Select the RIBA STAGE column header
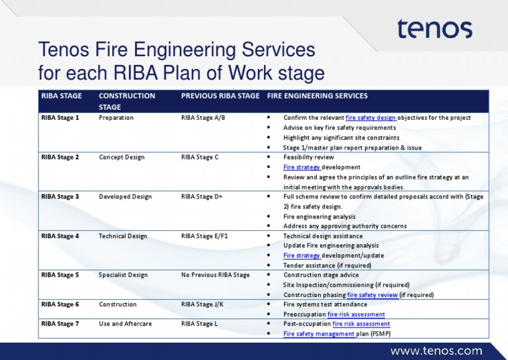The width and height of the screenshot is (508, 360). pos(62,96)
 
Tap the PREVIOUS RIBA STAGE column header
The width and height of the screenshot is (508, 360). pos(220,96)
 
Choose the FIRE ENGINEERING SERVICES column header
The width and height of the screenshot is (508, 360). pos(317,96)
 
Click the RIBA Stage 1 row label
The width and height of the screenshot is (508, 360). pos(60,118)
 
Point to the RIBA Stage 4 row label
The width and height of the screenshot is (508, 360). pos(60,236)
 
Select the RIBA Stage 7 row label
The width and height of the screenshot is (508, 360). pos(60,324)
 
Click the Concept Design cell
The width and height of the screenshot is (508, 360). pos(122,157)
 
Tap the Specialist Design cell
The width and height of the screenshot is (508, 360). pos(123,275)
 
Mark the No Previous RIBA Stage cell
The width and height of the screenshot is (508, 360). pos(215,275)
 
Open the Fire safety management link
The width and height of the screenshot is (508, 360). pos(318,334)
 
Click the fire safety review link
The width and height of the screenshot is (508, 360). pos(373,295)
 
